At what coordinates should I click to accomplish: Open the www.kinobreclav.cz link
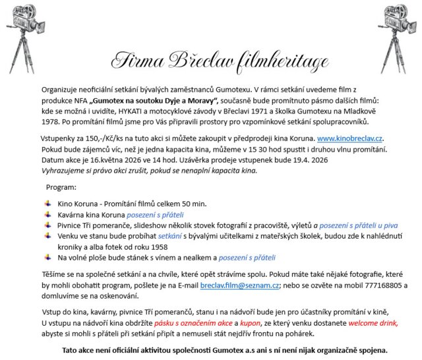pos(349,139)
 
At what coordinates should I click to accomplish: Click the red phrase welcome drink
pos(371,323)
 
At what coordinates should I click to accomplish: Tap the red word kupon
pos(249,323)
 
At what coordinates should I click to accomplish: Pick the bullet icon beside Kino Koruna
pos(47,204)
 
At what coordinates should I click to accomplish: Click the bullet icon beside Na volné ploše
pos(47,257)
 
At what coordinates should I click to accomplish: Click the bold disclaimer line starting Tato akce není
pos(224,350)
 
